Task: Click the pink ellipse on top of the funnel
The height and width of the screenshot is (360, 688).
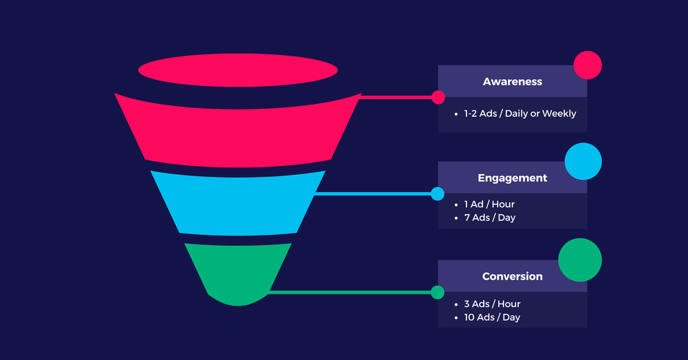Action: (x=238, y=70)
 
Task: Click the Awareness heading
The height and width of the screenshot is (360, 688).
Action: (x=512, y=81)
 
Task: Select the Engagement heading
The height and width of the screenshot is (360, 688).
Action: (x=512, y=178)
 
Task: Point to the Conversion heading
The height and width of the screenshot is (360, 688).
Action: (x=512, y=276)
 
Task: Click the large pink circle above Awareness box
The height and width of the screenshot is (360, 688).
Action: (x=588, y=65)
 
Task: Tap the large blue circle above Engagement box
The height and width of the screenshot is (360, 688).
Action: (x=583, y=162)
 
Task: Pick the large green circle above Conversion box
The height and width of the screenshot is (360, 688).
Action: (x=580, y=260)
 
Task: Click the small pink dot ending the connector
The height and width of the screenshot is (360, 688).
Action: (x=438, y=97)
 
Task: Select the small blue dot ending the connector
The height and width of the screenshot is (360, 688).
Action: (x=438, y=193)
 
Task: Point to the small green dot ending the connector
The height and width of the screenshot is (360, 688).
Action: (x=438, y=292)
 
